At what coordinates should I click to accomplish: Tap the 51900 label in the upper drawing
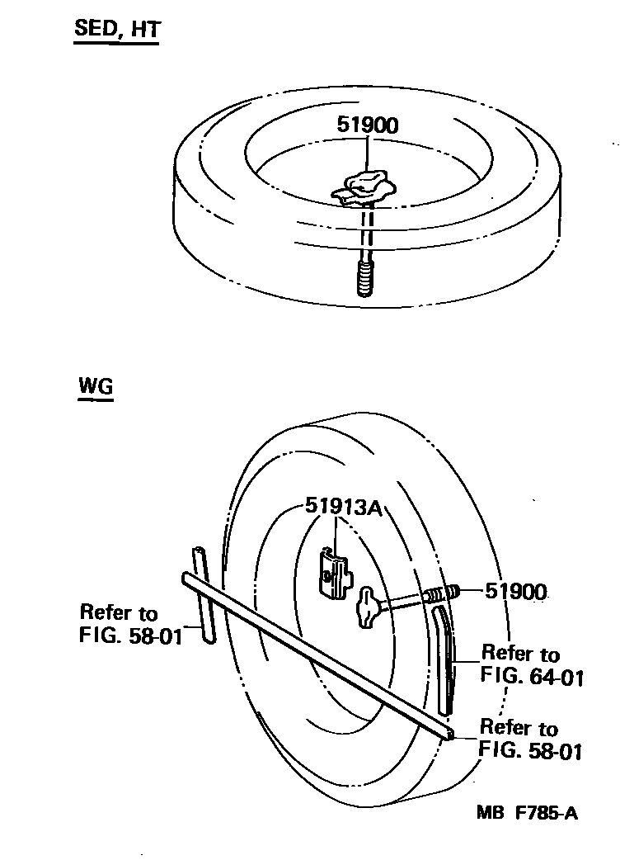coord(368,125)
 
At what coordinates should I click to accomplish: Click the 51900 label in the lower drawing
coord(515,591)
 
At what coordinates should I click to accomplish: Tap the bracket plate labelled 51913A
coord(336,572)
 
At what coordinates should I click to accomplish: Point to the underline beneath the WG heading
coord(95,399)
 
